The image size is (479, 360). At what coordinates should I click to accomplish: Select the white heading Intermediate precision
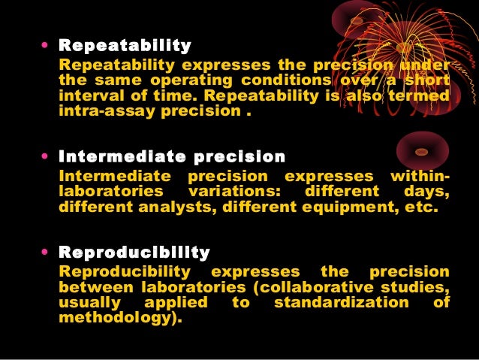pyautogui.click(x=172, y=157)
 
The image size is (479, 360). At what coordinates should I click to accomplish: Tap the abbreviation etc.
pyautogui.click(x=419, y=208)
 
